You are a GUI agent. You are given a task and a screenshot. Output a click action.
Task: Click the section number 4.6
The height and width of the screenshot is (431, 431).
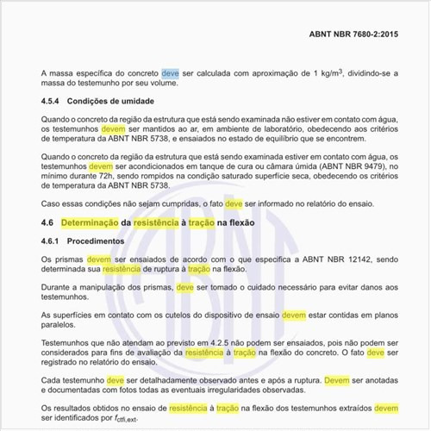[48, 222]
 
